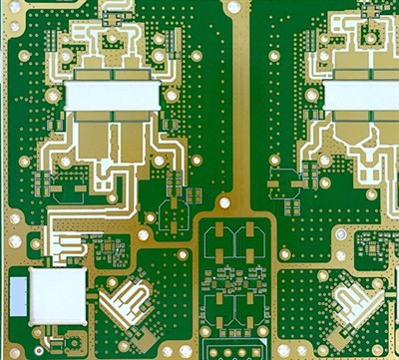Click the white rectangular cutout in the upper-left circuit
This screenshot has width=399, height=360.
[x=113, y=95]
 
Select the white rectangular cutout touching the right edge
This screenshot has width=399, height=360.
[x=361, y=96]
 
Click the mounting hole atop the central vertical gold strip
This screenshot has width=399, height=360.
[x=233, y=7]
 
